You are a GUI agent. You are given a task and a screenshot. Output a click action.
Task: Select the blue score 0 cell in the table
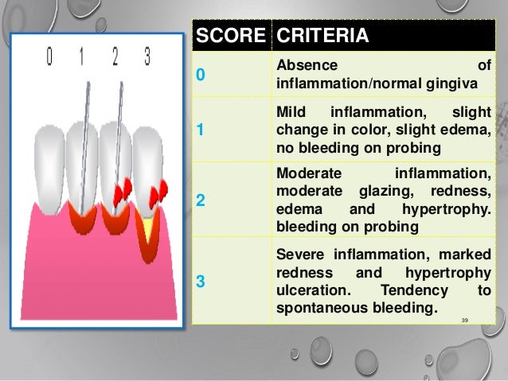click(201, 75)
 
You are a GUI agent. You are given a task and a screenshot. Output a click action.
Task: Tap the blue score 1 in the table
click(201, 131)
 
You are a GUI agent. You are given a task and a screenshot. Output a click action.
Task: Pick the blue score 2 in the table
click(201, 201)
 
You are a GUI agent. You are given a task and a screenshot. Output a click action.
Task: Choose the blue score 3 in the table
click(201, 280)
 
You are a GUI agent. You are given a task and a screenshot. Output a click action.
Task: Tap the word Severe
click(299, 255)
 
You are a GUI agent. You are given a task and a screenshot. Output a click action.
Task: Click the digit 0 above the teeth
click(50, 57)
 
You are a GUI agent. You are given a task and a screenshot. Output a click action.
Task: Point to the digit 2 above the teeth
click(115, 57)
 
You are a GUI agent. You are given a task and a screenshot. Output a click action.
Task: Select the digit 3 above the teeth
click(147, 57)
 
